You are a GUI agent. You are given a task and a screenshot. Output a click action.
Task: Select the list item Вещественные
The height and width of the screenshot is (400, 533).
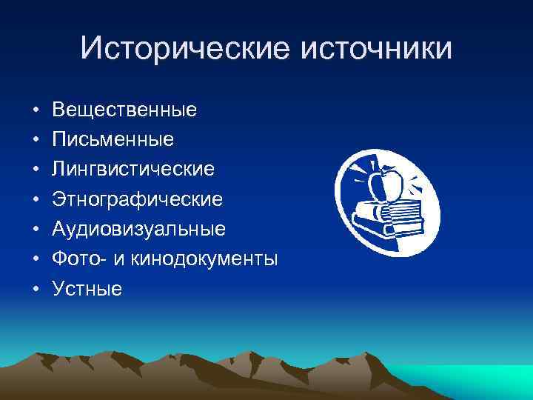(124, 110)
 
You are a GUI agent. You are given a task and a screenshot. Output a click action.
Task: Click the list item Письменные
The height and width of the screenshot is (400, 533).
(113, 140)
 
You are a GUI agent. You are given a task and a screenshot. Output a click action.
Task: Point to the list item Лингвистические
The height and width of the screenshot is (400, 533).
(133, 170)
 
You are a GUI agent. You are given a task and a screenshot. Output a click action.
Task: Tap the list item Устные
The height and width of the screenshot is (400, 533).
(87, 289)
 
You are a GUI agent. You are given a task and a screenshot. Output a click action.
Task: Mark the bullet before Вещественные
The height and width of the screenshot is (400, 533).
(36, 111)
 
